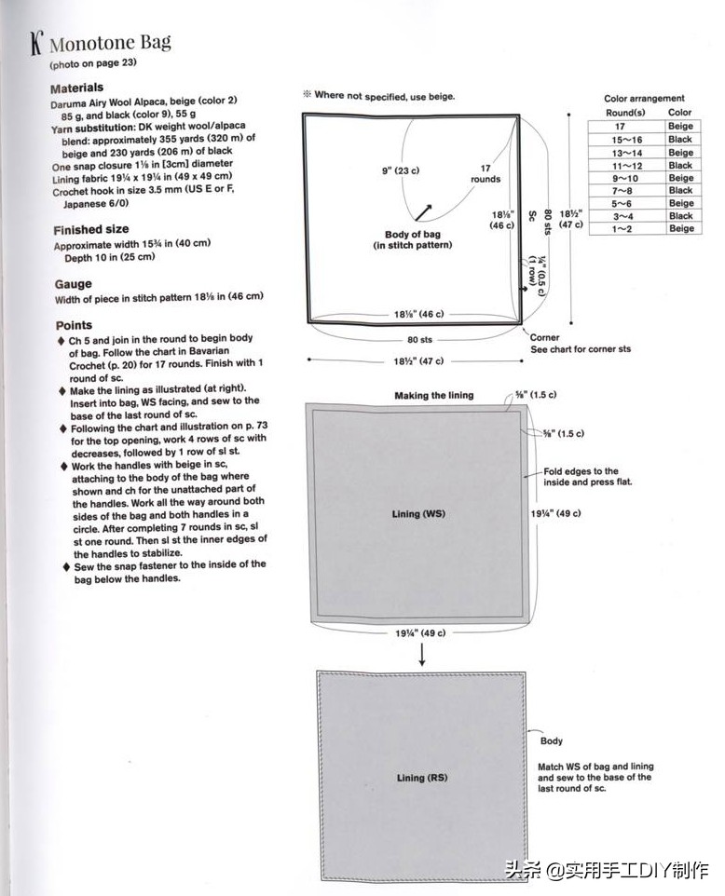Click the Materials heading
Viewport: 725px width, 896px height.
[77, 88]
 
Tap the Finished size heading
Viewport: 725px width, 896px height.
[90, 229]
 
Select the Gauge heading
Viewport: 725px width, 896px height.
[73, 284]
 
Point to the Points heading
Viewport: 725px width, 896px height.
[74, 325]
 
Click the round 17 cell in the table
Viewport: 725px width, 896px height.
[620, 126]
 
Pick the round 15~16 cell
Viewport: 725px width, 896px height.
[620, 139]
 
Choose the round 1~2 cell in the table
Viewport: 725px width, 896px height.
[620, 228]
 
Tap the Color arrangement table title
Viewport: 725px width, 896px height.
[644, 98]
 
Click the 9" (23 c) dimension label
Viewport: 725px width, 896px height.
[401, 171]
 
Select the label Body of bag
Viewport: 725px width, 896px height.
[412, 235]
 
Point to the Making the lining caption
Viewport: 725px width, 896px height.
[433, 396]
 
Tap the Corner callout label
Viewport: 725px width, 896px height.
[545, 337]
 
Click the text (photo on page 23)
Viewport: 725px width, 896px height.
[93, 65]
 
